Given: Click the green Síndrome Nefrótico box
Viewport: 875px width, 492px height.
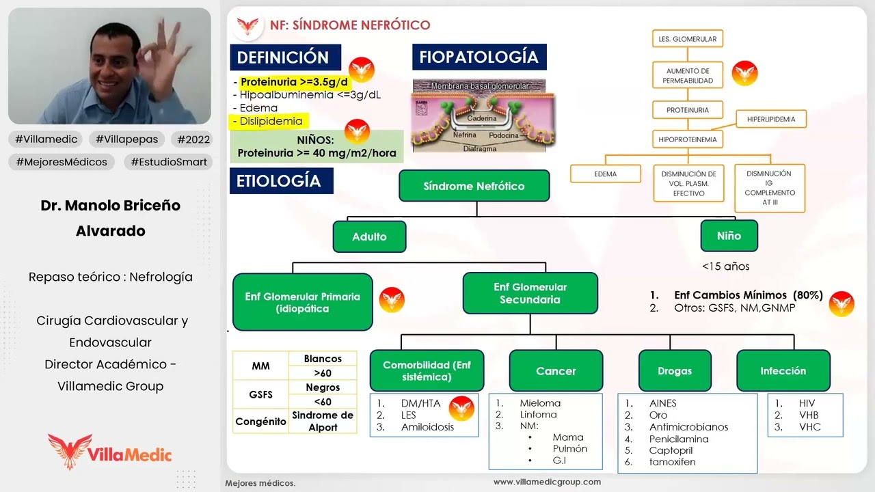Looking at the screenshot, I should [474, 186].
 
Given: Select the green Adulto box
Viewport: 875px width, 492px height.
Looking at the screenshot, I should [369, 236].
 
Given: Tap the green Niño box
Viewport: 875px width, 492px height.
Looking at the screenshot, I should [729, 236].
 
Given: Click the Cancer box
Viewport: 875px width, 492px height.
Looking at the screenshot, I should [556, 371].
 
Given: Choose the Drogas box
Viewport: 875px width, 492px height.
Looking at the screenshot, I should [674, 371].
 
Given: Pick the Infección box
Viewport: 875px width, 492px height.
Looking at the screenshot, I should [783, 371].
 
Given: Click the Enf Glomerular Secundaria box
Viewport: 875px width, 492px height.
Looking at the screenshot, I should [530, 294].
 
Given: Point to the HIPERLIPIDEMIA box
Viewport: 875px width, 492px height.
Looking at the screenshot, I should [770, 119].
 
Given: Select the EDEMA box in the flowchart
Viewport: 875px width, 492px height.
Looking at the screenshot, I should [605, 174].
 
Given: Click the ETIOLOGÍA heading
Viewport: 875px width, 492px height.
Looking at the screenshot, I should [278, 181].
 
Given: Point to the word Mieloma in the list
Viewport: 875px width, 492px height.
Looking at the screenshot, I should [539, 403].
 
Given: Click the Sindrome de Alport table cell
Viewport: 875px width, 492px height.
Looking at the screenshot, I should [323, 421].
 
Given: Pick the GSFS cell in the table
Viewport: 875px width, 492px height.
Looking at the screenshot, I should [260, 394].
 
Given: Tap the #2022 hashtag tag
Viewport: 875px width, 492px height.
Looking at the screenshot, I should [193, 139].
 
